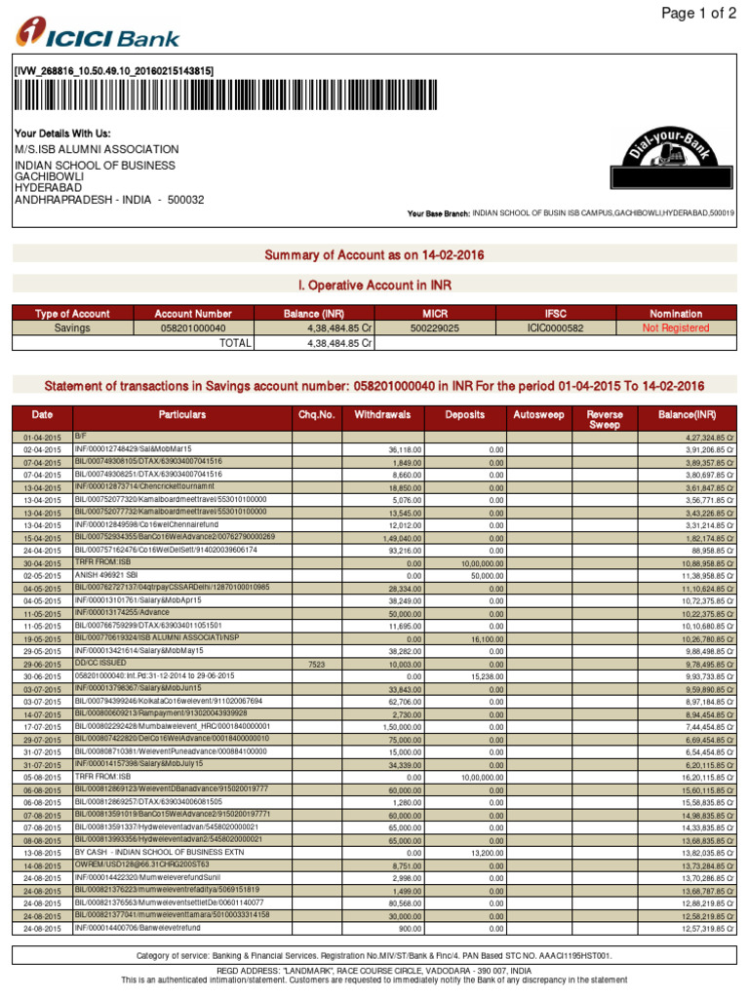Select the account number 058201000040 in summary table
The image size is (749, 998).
[193, 328]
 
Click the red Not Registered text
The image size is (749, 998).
[676, 328]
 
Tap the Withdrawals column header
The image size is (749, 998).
[382, 414]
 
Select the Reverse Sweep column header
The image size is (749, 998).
[605, 420]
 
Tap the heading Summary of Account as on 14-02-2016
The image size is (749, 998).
[374, 255]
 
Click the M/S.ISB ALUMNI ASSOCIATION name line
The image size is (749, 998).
[97, 149]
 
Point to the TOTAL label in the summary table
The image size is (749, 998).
[235, 343]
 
